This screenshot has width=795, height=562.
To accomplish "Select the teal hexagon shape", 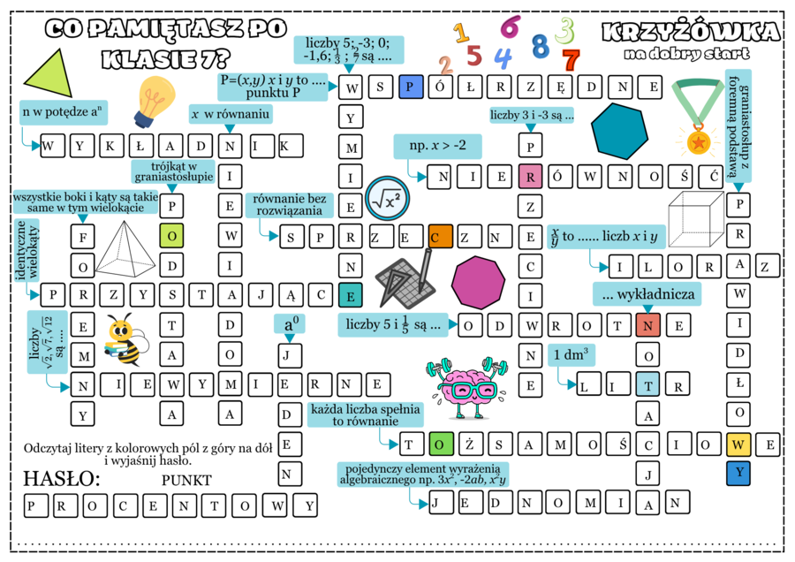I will coord(619,131).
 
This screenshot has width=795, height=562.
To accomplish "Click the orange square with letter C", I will coord(440,236).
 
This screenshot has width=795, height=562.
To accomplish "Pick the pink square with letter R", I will coord(530,176).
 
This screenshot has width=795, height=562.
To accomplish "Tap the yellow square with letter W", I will coord(739,444).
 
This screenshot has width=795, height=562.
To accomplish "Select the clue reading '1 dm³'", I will coord(571,354).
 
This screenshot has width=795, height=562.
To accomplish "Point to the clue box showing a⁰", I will coord(289,323).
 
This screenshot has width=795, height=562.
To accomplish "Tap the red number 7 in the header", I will coord(571,60).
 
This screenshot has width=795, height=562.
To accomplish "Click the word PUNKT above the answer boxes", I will coord(187,480).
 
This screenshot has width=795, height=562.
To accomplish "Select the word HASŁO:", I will coord(61,479).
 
